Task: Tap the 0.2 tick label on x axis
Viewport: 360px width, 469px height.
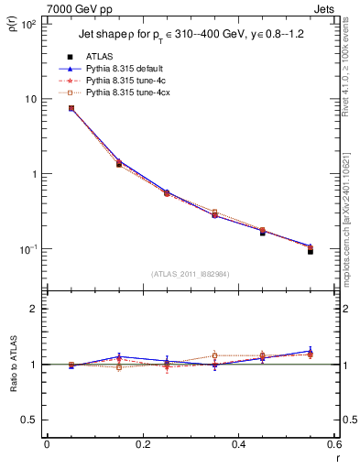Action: point(142,444)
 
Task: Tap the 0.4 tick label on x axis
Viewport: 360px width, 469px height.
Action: point(238,444)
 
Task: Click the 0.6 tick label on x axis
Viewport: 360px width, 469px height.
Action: point(333,444)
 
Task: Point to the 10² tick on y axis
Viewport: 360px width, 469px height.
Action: point(29,24)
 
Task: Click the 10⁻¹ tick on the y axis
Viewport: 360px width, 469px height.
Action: point(29,249)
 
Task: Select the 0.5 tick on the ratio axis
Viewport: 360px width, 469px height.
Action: point(29,420)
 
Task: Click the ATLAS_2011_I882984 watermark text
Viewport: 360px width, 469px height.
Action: point(190,274)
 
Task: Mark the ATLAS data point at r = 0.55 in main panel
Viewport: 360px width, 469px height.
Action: point(311,250)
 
